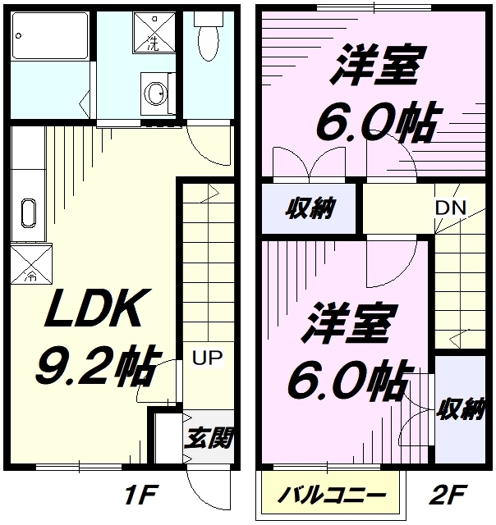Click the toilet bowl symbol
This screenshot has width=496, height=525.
point(209,36)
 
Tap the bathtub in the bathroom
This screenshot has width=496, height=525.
point(50,36)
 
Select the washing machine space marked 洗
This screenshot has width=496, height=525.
point(154,33)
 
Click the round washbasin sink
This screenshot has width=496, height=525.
point(155,93)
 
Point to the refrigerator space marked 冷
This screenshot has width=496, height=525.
point(31,264)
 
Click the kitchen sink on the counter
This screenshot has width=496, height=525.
point(29,213)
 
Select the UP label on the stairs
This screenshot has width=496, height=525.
point(208,358)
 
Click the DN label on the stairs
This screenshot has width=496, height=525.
point(450,208)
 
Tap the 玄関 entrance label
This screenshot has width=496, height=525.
point(209,437)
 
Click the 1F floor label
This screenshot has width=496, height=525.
point(140,495)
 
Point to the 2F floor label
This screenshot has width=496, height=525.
point(448,494)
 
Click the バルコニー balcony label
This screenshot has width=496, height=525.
point(332,495)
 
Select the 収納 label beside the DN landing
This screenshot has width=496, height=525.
point(310,208)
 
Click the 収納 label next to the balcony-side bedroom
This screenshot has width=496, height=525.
point(462,409)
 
